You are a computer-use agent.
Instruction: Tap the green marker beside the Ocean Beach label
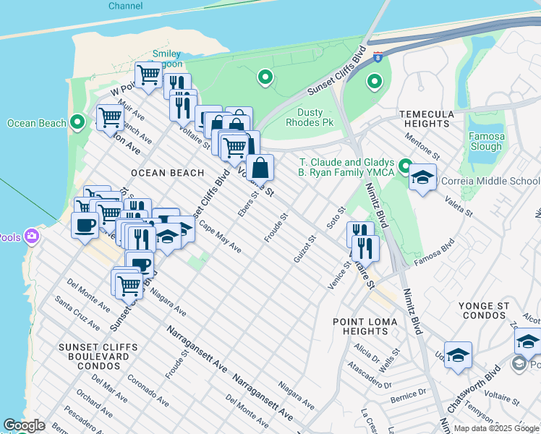tap(78, 122)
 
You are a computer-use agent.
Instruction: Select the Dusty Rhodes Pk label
tap(320, 117)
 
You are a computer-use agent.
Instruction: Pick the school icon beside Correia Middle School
tap(423, 177)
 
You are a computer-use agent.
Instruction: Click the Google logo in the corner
tap(24, 425)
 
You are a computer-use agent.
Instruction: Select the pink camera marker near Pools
tap(30, 236)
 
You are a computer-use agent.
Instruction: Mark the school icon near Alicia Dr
tap(458, 354)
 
